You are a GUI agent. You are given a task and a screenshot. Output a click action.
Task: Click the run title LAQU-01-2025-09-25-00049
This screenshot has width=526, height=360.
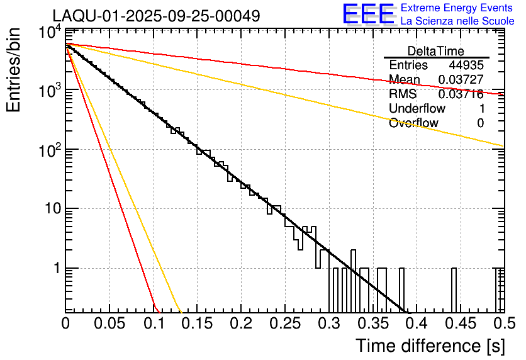click(156, 16)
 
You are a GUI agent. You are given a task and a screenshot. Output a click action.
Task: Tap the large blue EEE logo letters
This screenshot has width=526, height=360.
click(368, 15)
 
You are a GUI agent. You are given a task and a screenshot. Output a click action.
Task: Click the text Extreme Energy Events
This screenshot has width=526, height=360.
click(456, 8)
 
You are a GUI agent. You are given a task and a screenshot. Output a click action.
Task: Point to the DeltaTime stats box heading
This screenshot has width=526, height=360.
click(436, 51)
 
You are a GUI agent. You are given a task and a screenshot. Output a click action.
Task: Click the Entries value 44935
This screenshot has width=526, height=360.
click(466, 65)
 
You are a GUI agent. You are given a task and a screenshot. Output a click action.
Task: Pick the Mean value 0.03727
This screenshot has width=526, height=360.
click(461, 79)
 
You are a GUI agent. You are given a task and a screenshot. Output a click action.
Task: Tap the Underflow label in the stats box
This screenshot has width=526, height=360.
click(417, 108)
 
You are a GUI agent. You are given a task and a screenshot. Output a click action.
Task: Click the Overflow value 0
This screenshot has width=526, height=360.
click(480, 123)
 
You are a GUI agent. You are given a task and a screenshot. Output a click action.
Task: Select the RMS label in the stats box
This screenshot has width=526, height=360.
click(403, 94)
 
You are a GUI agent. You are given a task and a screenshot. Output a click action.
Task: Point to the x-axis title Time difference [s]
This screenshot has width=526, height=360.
click(429, 346)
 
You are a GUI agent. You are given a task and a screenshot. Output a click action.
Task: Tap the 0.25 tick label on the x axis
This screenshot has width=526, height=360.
click(284, 324)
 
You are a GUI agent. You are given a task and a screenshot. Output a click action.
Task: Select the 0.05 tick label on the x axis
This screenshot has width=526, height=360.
click(109, 324)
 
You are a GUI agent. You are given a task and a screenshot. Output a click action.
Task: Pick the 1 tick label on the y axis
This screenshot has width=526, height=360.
click(55, 269)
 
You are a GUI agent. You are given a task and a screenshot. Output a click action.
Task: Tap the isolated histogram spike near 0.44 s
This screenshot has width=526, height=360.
click(454, 290)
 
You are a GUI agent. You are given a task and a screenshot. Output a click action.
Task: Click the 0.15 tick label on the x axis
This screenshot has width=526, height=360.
click(197, 324)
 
